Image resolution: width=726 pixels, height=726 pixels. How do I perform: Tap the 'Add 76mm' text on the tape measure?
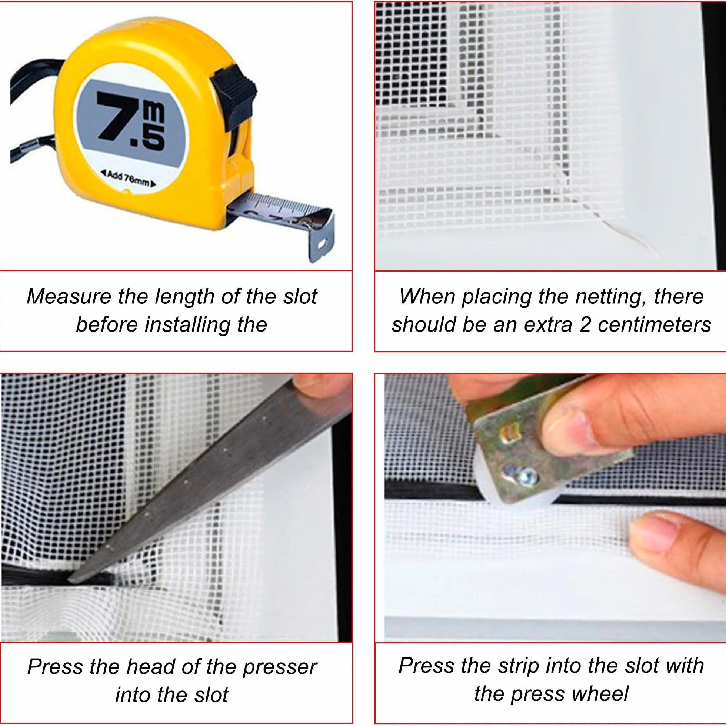[x=128, y=179]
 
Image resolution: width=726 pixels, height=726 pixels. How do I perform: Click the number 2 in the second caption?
[x=585, y=325]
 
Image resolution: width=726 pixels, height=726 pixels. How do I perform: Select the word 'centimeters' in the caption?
[x=654, y=325]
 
